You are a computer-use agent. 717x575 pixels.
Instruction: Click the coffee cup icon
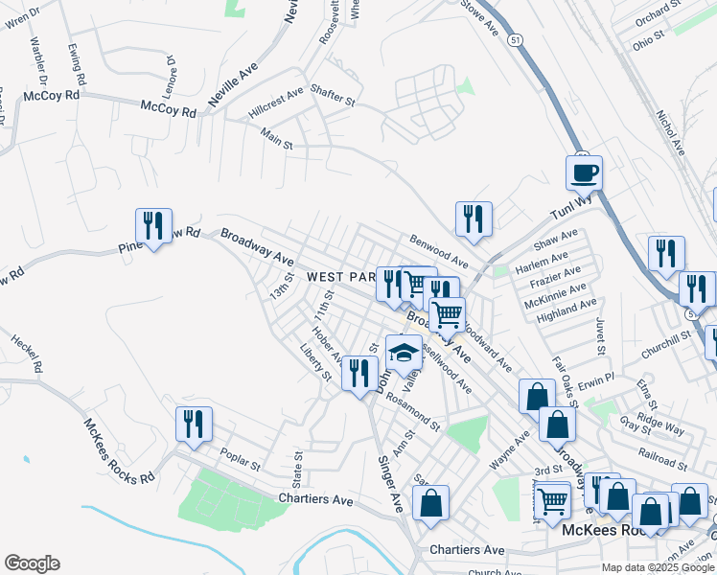584,174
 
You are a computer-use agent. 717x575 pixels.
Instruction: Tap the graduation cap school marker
405,354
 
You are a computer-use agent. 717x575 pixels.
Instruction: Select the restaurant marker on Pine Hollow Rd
153,227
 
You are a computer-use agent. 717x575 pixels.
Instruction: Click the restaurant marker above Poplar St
194,425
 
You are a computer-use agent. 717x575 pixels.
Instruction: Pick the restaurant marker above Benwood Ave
474,219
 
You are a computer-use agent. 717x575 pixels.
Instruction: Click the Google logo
32,563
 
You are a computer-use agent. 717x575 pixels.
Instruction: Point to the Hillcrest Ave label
275,101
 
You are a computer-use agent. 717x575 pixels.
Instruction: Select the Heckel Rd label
26,354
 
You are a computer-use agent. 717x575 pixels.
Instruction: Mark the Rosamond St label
414,412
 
